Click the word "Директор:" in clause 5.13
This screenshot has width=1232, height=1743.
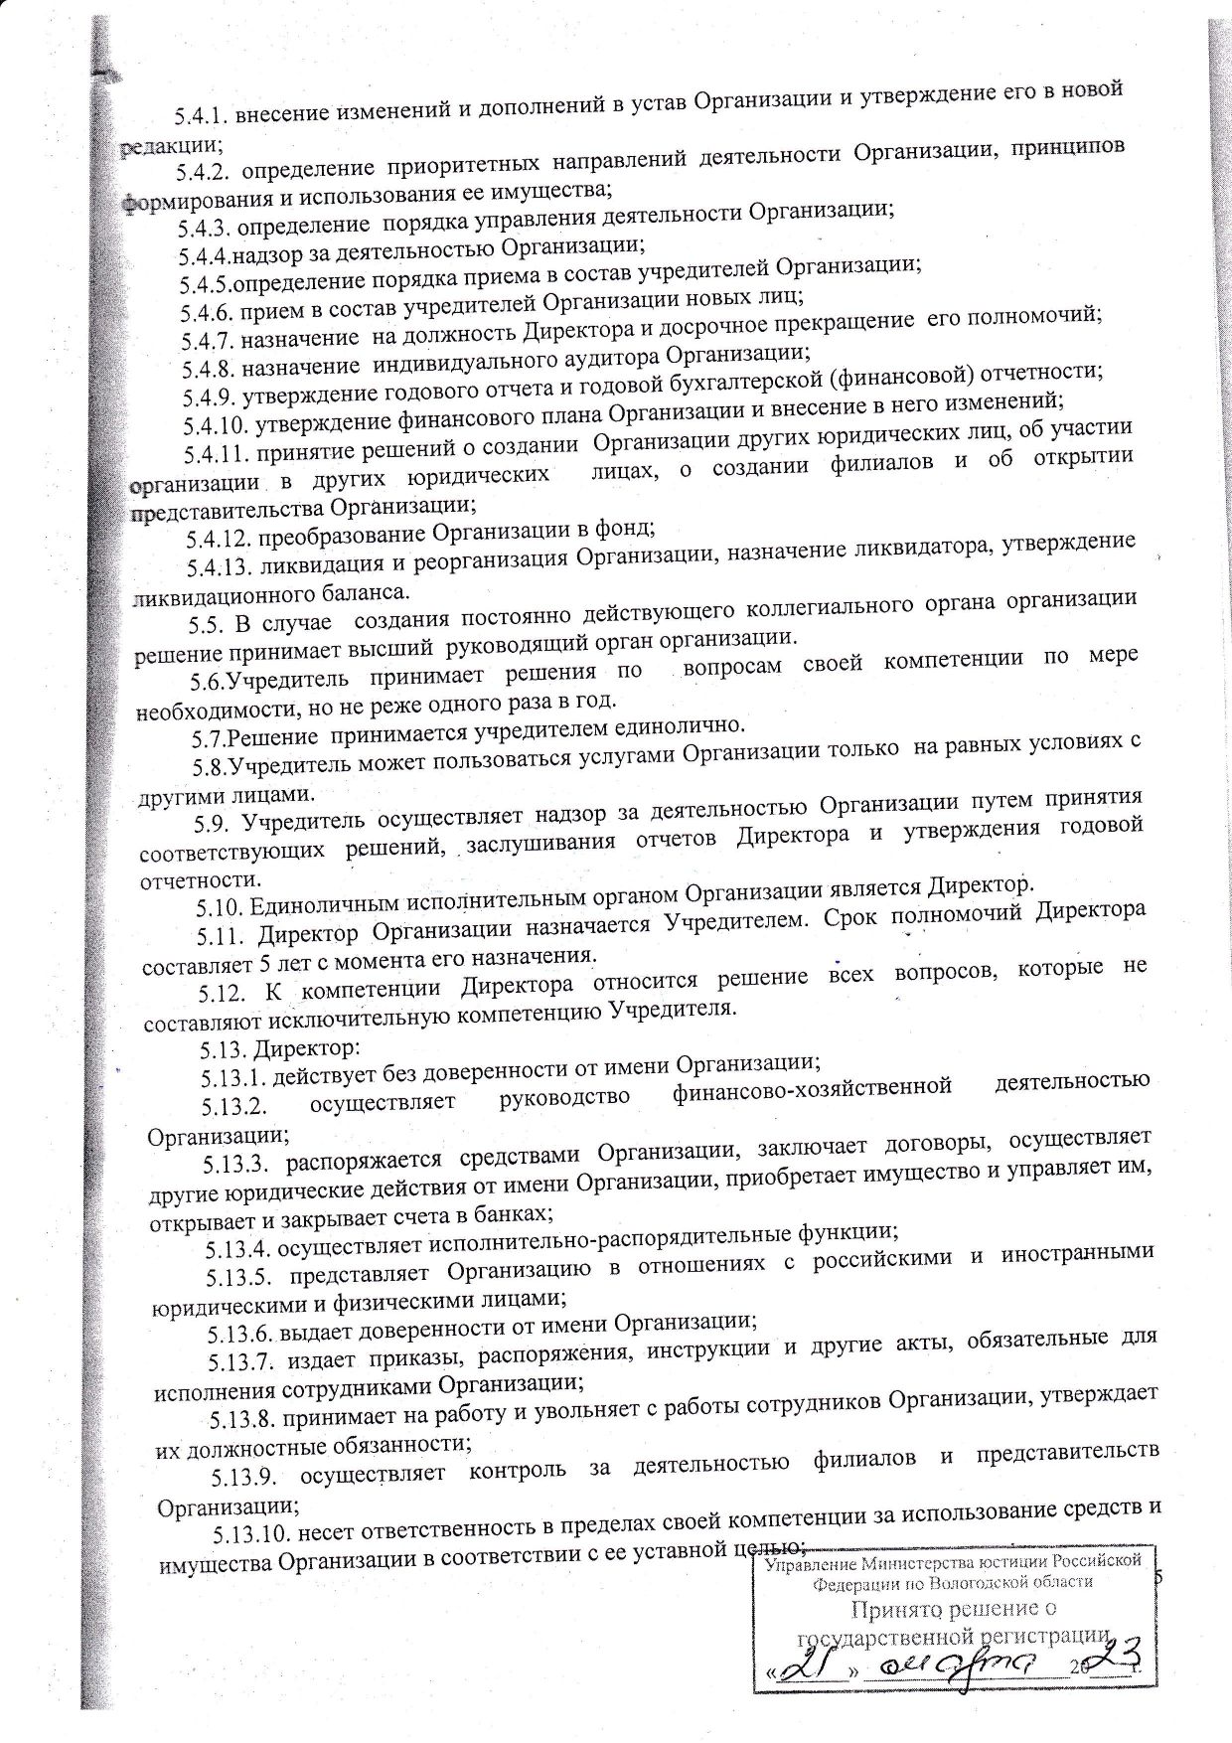[299, 1048]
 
